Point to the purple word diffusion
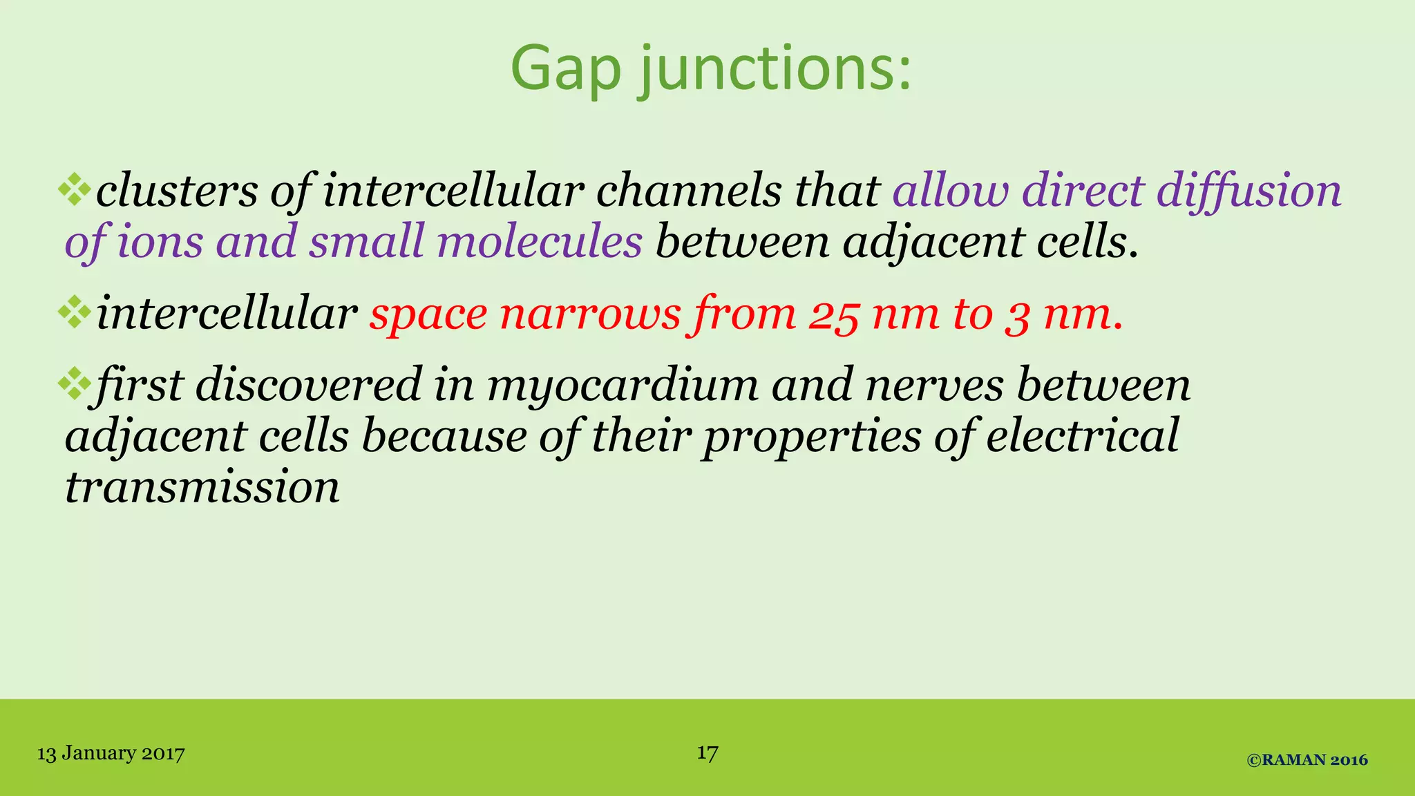1248,191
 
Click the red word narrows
590,314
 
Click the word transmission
202,487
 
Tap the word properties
812,437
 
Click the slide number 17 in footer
707,752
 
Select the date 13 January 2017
111,753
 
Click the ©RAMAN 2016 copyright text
1307,760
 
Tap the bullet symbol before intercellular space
75,314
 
